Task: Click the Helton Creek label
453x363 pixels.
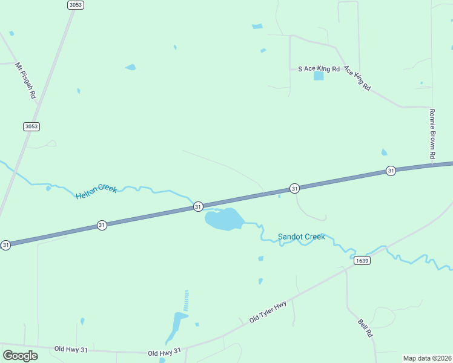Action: (96, 192)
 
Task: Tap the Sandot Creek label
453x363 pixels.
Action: (301, 237)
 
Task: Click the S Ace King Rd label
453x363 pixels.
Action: (319, 69)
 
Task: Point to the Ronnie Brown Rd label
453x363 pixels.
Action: (432, 134)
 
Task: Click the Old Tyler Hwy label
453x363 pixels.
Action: (268, 313)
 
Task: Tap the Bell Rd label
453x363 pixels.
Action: (365, 329)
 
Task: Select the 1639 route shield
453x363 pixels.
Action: (362, 261)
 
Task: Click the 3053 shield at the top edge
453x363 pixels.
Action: (75, 5)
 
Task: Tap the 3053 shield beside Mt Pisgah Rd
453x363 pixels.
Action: (31, 126)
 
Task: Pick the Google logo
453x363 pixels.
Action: (20, 355)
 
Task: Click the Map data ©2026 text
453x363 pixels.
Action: (426, 358)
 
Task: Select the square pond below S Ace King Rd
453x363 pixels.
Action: (319, 76)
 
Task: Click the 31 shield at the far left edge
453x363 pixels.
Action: (5, 245)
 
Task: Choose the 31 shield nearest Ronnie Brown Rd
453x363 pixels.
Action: (391, 171)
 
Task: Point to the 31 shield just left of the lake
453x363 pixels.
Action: (198, 207)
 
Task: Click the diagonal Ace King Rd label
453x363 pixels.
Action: (357, 78)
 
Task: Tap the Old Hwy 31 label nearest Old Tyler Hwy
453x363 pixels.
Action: (164, 352)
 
